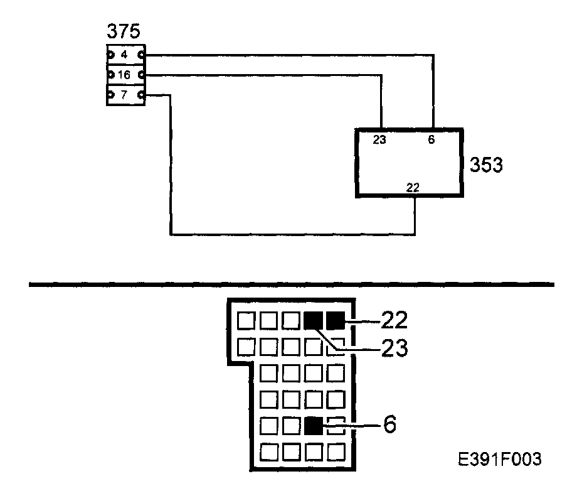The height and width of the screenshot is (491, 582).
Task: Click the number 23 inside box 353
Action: click(x=379, y=140)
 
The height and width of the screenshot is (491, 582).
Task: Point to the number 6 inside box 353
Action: click(x=431, y=140)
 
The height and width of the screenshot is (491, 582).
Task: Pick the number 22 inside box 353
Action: click(x=413, y=187)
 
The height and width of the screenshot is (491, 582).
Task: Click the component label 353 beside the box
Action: click(x=487, y=165)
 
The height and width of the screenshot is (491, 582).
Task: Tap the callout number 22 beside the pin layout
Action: click(x=394, y=321)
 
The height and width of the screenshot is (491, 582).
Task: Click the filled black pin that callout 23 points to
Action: click(x=312, y=321)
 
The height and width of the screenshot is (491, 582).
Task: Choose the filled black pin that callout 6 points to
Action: click(x=312, y=426)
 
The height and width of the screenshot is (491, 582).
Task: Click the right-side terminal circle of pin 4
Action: click(x=142, y=55)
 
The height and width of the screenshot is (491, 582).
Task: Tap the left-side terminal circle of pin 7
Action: click(x=110, y=95)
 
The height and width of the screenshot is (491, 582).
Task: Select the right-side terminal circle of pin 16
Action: click(x=142, y=75)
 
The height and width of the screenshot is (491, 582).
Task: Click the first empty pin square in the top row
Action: click(x=246, y=321)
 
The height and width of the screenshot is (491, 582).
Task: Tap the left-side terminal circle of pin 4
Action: click(x=110, y=55)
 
